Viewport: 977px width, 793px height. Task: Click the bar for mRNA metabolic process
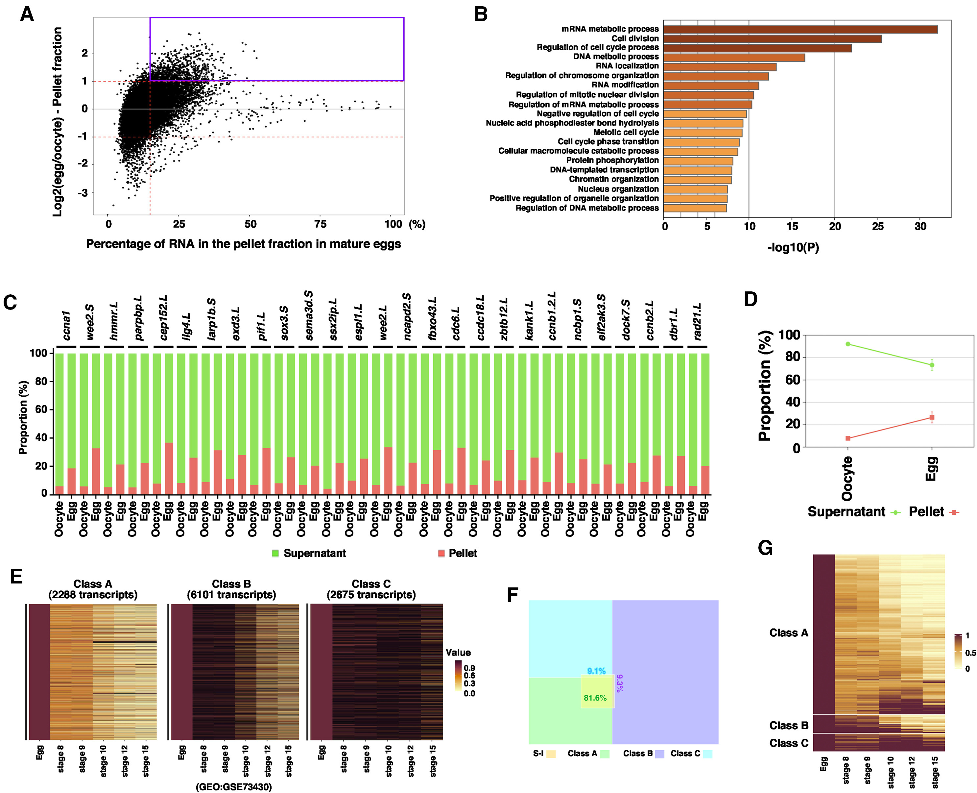(800, 29)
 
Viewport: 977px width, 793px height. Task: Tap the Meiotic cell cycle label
(626, 133)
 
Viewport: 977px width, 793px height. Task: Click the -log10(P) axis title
(794, 248)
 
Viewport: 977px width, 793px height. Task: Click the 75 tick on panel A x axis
(321, 224)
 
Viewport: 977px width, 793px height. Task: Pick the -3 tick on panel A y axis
(83, 193)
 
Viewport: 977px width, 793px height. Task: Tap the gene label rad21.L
(697, 322)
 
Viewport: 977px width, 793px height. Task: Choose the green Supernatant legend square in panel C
(275, 553)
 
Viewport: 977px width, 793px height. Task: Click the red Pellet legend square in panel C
(441, 553)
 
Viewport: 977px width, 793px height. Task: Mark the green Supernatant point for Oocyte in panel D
(848, 344)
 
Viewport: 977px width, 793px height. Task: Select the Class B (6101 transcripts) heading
(231, 589)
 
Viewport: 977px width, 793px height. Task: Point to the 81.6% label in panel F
(595, 698)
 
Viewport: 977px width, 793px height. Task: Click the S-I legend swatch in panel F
(551, 754)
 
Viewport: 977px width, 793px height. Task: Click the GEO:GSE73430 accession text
(234, 787)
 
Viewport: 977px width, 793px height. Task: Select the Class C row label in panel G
(788, 743)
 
